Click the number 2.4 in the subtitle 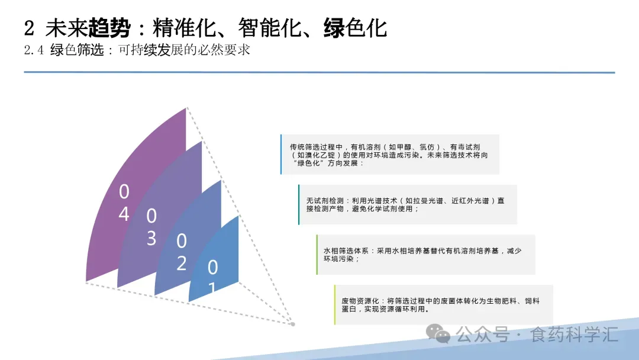click(x=34, y=50)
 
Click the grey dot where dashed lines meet click(x=292, y=323)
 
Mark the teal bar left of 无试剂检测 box click(x=299, y=205)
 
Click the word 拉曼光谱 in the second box click(x=421, y=201)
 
